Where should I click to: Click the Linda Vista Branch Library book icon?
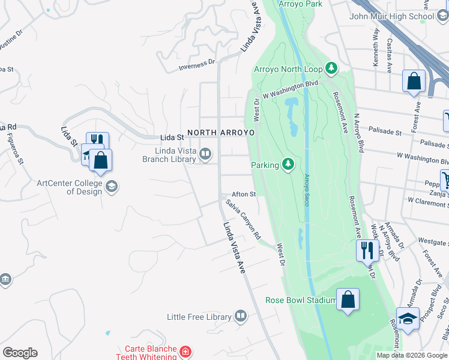(205, 154)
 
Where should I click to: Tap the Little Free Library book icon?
(241, 316)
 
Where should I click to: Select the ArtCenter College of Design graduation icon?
(111, 187)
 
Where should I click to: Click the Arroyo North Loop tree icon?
(331, 68)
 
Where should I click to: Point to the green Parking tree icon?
(289, 164)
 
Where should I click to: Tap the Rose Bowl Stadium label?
(301, 300)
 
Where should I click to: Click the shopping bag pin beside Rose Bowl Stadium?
(348, 299)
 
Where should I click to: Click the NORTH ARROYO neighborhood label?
(221, 133)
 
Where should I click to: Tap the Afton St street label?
(244, 194)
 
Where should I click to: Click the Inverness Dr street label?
(196, 64)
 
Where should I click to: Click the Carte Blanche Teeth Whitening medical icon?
(186, 351)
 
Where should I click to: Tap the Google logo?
(20, 353)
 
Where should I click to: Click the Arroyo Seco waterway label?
(307, 190)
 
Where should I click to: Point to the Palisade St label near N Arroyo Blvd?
(384, 131)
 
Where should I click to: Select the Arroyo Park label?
(301, 4)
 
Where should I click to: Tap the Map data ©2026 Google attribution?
(412, 355)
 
